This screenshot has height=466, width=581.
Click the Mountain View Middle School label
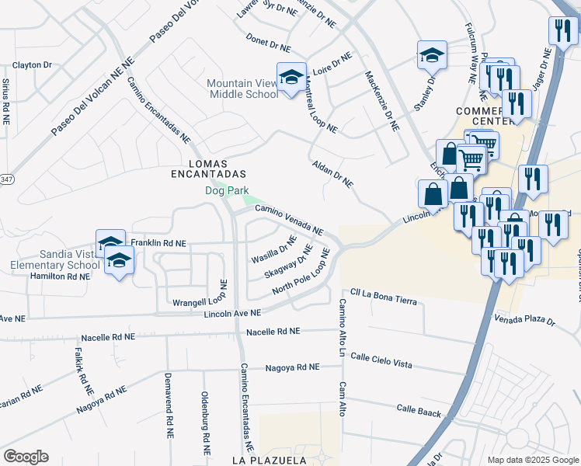[242, 89]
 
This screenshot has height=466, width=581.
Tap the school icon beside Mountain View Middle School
[291, 78]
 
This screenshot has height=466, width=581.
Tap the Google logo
[26, 457]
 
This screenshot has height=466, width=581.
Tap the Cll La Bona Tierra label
[384, 297]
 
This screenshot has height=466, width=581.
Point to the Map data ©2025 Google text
[533, 460]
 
